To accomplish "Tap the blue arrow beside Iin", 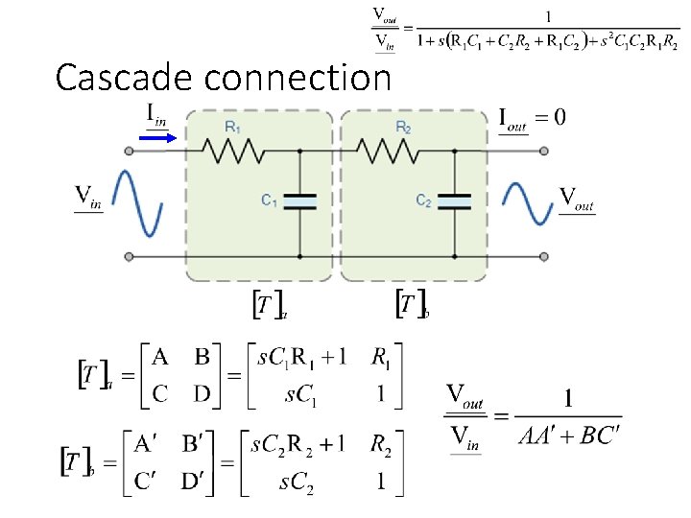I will point(155,137).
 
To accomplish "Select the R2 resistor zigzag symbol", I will point(389,151).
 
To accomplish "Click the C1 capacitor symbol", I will point(299,200).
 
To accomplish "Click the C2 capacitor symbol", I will point(454,200).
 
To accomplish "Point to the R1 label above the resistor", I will point(232,127).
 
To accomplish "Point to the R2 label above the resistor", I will point(403,127).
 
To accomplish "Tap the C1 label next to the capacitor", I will point(270,200).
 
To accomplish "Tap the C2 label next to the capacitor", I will point(423,200).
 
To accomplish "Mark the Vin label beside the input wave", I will point(90,198).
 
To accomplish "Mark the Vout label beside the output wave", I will point(577,200).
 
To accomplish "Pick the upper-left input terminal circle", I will point(128,151).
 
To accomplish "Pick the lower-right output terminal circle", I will point(544,256).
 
